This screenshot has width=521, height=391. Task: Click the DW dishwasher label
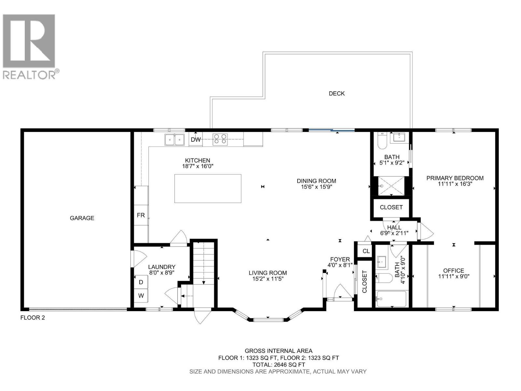click(x=196, y=140)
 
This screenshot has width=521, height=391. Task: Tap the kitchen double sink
click(x=175, y=140)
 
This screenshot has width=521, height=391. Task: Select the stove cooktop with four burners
click(x=220, y=139)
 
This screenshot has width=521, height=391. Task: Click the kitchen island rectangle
click(x=208, y=188)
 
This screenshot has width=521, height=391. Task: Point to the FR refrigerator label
click(x=141, y=215)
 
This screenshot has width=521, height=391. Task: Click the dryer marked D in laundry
click(x=141, y=282)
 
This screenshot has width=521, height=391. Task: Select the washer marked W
click(x=141, y=296)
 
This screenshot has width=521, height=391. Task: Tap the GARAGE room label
click(x=82, y=218)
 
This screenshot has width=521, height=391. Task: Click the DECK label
click(x=336, y=94)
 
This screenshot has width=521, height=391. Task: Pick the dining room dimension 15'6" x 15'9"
click(x=316, y=187)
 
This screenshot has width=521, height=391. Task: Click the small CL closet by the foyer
click(x=366, y=251)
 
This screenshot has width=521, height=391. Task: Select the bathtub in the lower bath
click(x=391, y=299)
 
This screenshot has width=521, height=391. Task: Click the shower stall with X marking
click(x=391, y=186)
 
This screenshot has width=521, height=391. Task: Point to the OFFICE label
click(x=454, y=270)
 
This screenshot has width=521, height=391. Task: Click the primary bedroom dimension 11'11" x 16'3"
click(x=455, y=184)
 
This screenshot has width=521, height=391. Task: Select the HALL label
click(x=394, y=227)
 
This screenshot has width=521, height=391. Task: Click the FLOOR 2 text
click(x=33, y=318)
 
